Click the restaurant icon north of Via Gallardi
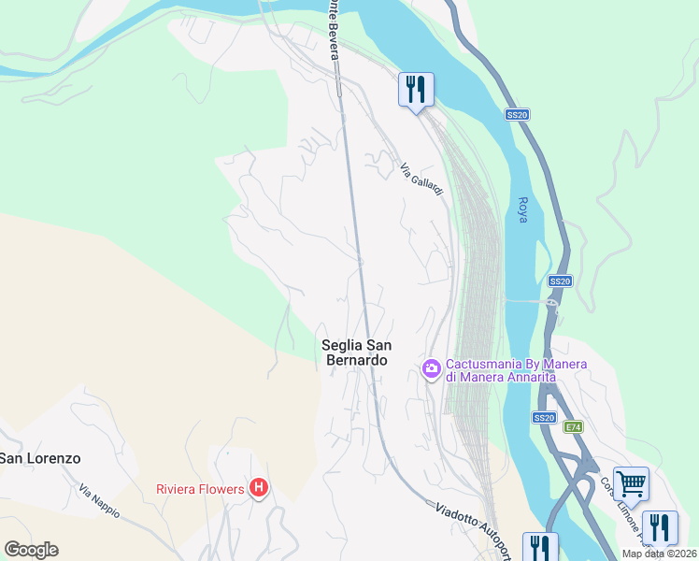(417, 90)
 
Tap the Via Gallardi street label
(421, 180)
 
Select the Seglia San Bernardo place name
(354, 352)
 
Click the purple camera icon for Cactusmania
(431, 368)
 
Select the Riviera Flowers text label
(199, 488)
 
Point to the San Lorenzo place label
(40, 458)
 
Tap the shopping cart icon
(631, 483)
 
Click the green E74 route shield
(573, 426)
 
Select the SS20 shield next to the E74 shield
(545, 417)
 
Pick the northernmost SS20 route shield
(517, 114)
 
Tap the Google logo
(31, 550)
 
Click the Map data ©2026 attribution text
(660, 554)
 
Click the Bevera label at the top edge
(332, 28)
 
